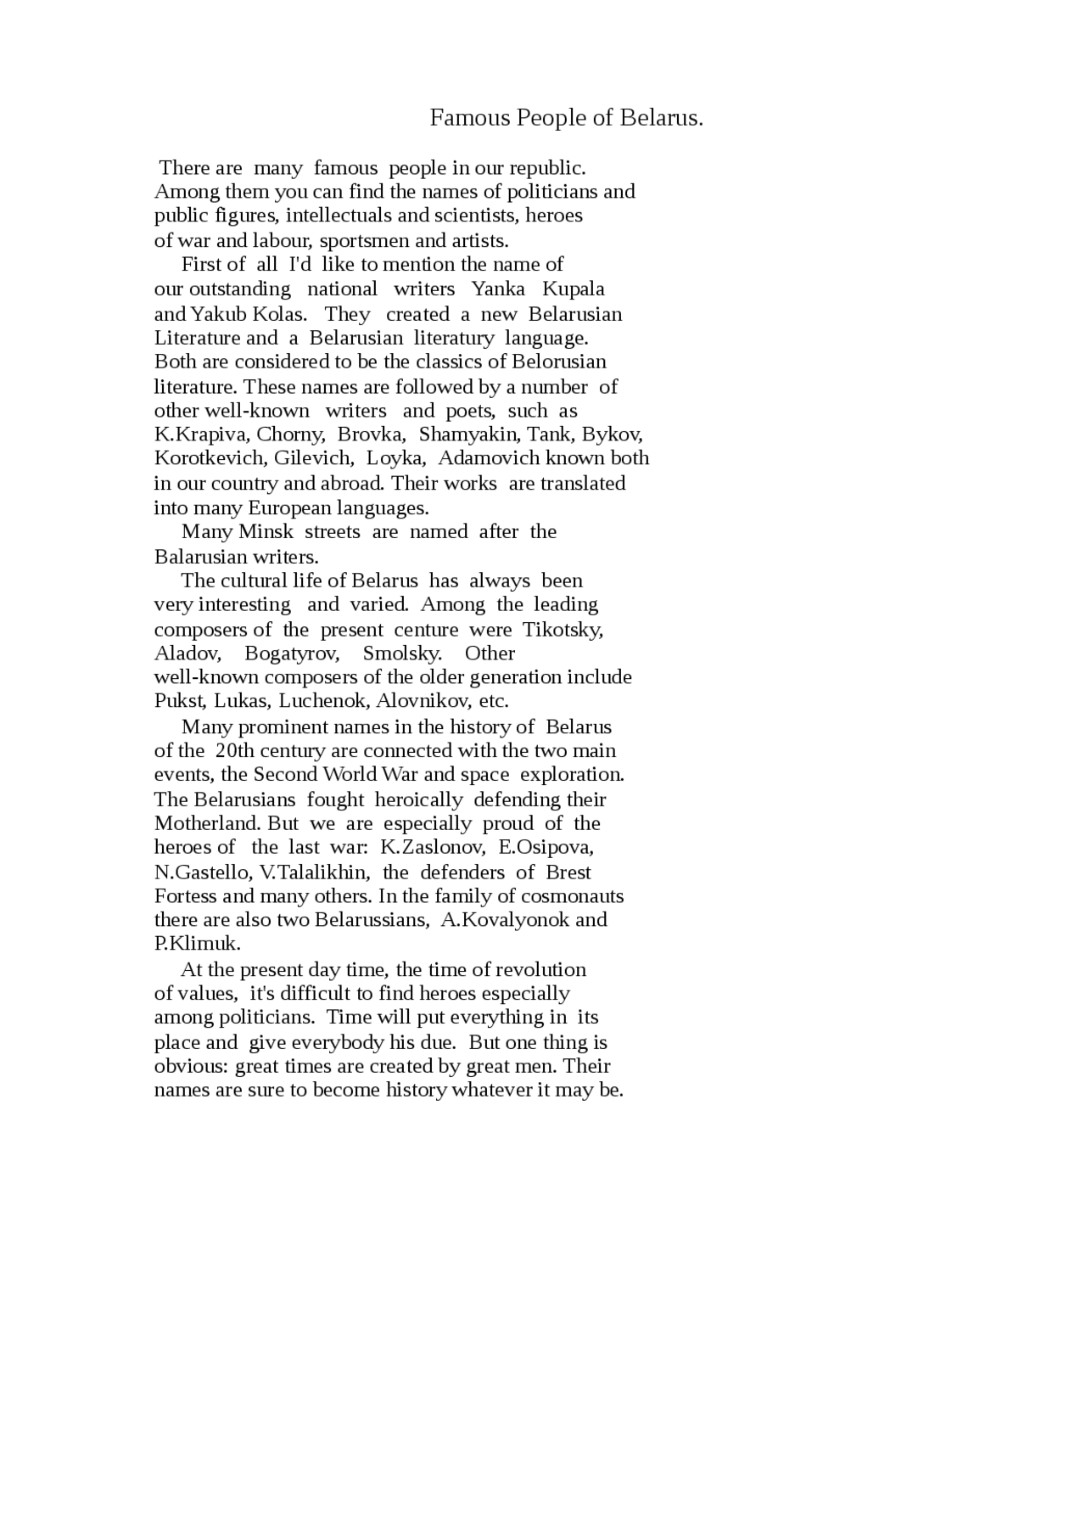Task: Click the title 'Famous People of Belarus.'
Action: point(566,118)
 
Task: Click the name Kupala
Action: point(574,289)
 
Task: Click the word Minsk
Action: point(266,532)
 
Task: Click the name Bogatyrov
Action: point(292,654)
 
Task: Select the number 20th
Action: point(235,751)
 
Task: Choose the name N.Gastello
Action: point(201,873)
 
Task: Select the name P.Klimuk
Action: point(197,945)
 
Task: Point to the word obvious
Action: point(190,1067)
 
